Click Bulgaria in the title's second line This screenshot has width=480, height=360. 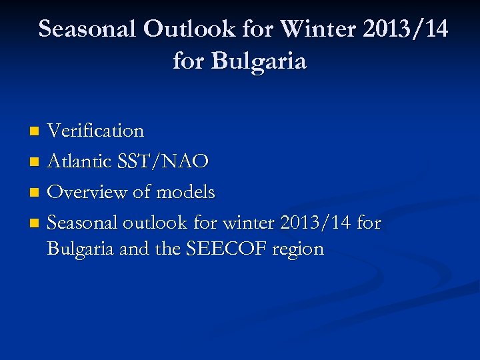259,61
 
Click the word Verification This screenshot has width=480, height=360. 95,131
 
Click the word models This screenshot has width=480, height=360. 185,193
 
